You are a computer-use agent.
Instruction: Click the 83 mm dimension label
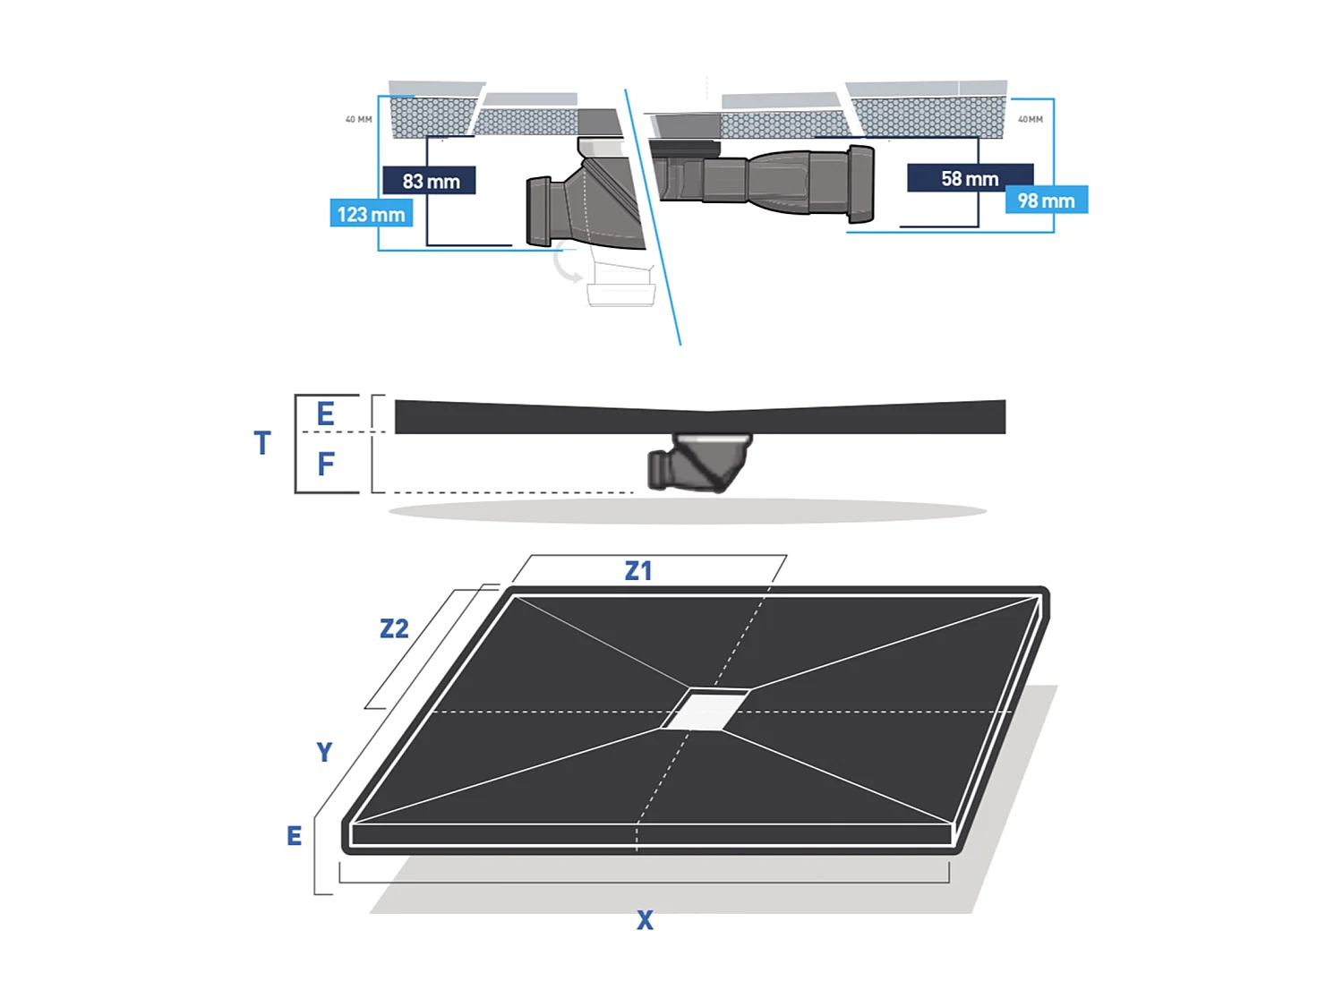[x=429, y=181]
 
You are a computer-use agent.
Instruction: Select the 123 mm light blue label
[x=371, y=214]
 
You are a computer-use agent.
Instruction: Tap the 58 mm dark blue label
[x=970, y=178]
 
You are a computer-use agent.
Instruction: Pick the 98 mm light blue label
[x=1046, y=201]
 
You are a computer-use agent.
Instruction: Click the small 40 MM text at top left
[x=358, y=119]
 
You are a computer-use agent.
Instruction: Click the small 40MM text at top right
[x=1030, y=119]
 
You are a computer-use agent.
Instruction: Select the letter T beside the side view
[x=261, y=443]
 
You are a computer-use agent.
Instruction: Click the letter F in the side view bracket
[x=326, y=464]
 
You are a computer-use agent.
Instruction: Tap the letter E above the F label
[x=326, y=414]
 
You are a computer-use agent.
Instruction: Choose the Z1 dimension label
[x=637, y=571]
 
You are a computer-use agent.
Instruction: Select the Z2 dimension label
[x=394, y=628]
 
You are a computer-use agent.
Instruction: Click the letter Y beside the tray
[x=324, y=752]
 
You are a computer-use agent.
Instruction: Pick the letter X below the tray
[x=645, y=920]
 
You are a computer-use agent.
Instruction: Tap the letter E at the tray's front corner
[x=294, y=836]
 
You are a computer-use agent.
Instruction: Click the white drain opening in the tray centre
[x=706, y=709]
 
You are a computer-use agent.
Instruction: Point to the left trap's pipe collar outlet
[x=539, y=211]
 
